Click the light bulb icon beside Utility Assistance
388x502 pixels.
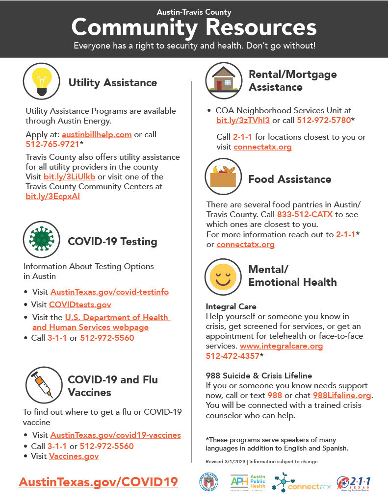[42, 81]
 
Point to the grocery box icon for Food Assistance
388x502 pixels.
[224, 177]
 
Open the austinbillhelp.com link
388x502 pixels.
[97, 134]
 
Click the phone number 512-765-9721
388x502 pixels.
[52, 145]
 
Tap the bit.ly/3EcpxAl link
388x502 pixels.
[52, 196]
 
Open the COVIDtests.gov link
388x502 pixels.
[80, 305]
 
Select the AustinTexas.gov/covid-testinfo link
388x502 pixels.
[109, 292]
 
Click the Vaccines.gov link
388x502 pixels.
[74, 456]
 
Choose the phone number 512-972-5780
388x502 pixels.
[324, 121]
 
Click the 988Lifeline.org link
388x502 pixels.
[342, 396]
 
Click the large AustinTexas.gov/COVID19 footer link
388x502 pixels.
[98, 482]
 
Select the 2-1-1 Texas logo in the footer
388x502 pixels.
[354, 483]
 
